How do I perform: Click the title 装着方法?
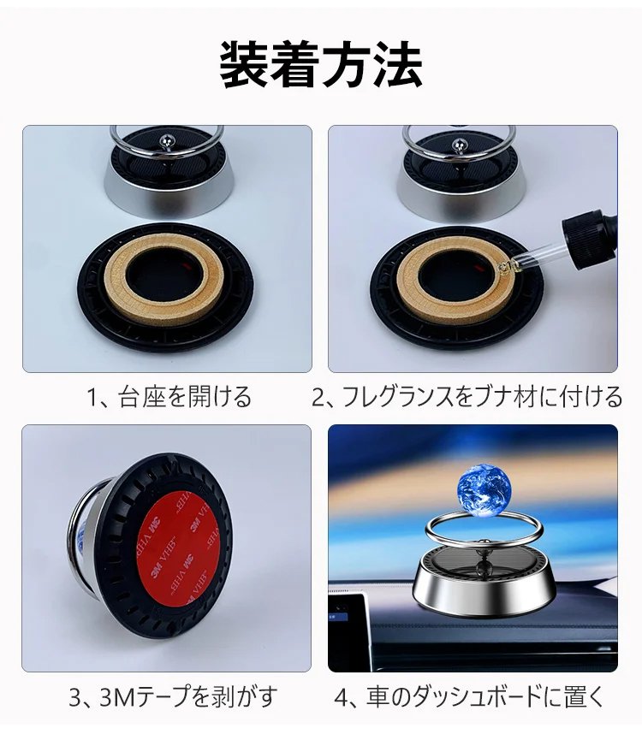click(321, 64)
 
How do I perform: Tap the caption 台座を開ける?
click(185, 397)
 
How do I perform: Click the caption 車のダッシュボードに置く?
click(485, 696)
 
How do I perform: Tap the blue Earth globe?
click(484, 489)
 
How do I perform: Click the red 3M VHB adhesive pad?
click(177, 549)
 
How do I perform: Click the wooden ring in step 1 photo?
click(163, 279)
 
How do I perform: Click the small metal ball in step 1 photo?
click(169, 140)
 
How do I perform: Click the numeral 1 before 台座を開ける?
click(92, 398)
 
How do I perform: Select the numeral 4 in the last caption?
click(342, 697)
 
